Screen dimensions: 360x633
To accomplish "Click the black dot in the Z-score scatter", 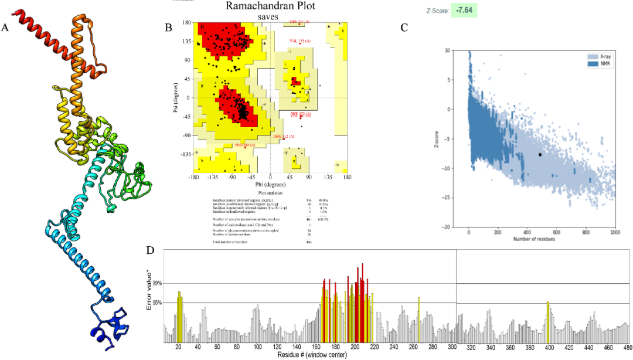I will (x=539, y=154).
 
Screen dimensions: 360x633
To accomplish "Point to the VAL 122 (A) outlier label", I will (x=300, y=40).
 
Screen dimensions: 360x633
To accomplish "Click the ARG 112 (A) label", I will (x=283, y=136).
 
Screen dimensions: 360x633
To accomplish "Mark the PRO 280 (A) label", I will (x=245, y=144).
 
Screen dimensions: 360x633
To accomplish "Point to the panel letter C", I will (x=404, y=28).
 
